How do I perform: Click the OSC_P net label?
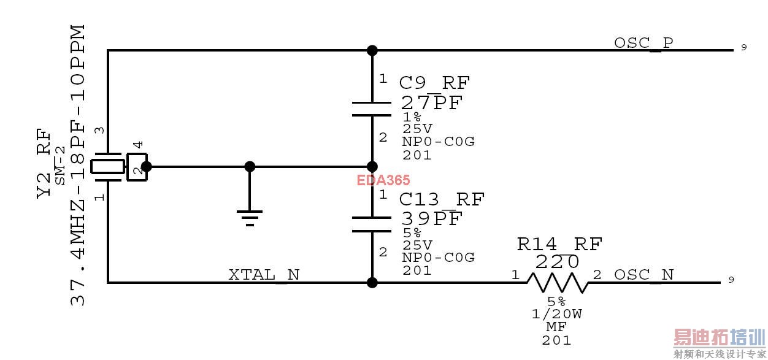(643, 43)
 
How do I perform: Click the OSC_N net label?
(643, 275)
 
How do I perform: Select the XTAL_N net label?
(264, 275)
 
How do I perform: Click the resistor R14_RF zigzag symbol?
(557, 283)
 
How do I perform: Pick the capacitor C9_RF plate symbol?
(372, 109)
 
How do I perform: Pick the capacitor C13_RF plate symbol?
(372, 224)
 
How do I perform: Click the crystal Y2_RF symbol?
(108, 166)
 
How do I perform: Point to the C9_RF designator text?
(435, 83)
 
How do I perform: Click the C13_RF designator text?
(442, 199)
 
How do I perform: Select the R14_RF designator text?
(559, 244)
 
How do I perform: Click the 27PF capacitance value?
(431, 102)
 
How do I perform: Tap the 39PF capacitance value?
(431, 218)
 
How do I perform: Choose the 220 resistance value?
(557, 262)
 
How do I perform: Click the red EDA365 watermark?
(384, 180)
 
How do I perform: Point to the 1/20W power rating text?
(557, 314)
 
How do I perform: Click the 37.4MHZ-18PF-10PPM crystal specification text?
(77, 166)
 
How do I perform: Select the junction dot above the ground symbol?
(250, 166)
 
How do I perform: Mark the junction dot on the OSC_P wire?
(372, 50)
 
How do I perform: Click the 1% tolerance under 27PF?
(412, 117)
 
